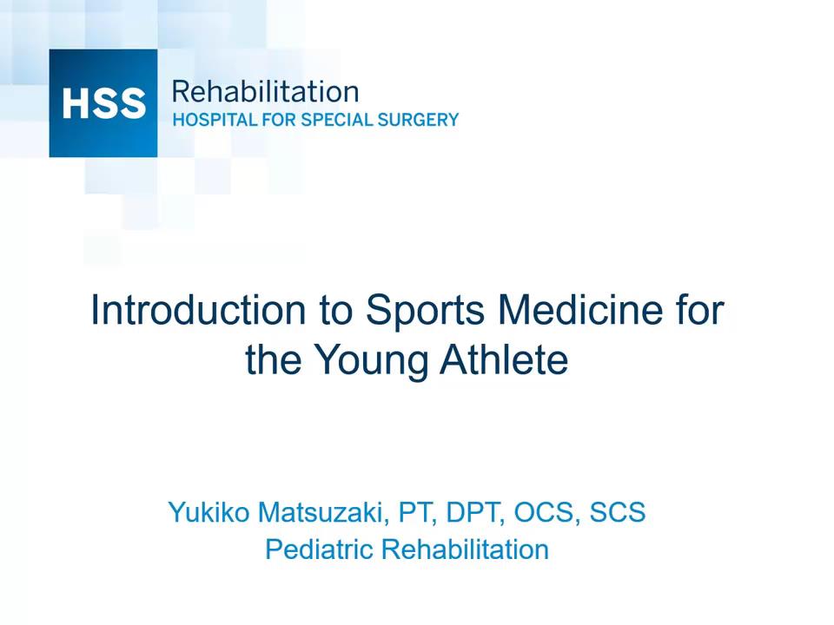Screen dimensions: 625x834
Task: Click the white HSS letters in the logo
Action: pyautogui.click(x=103, y=103)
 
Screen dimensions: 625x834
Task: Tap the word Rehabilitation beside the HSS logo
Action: pyautogui.click(x=265, y=91)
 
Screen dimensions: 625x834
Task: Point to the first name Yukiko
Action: pyautogui.click(x=208, y=512)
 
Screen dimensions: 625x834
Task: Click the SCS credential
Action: pyautogui.click(x=617, y=512)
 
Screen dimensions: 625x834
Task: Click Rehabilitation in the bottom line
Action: pyautogui.click(x=466, y=549)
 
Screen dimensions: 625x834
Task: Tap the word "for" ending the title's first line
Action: pyautogui.click(x=698, y=310)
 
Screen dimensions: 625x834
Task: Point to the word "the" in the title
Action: pyautogui.click(x=273, y=359)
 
